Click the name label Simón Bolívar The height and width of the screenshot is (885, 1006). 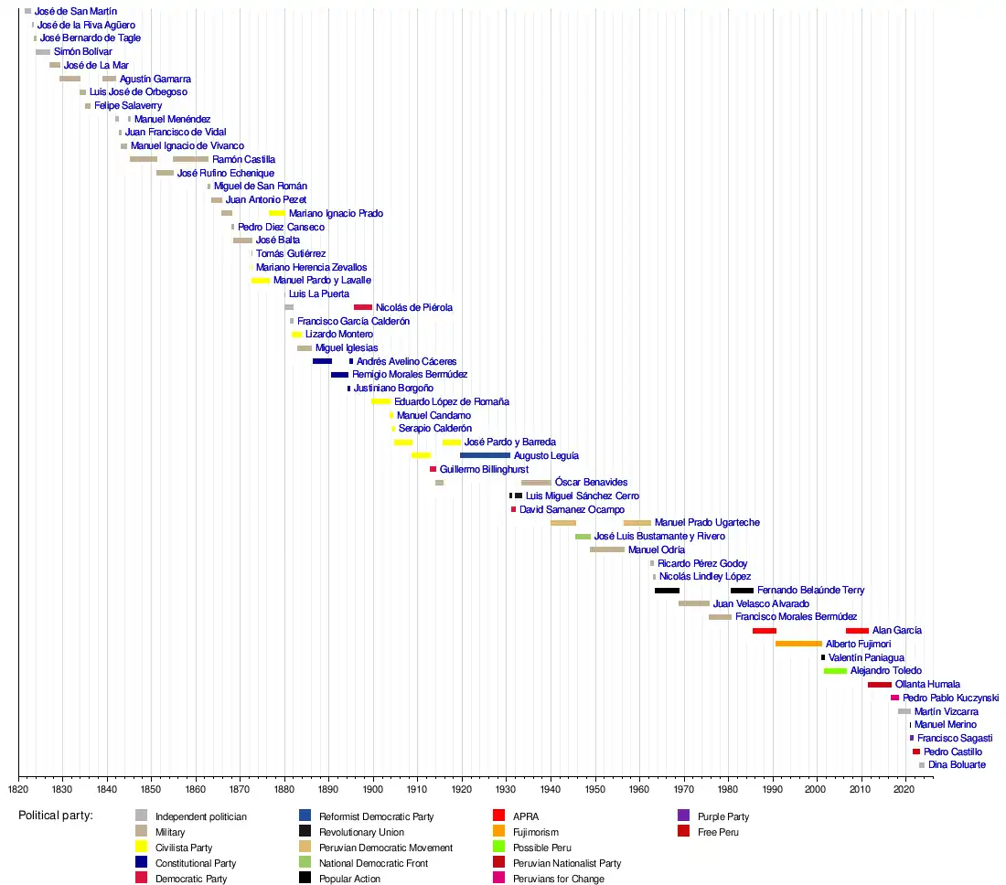[x=82, y=52]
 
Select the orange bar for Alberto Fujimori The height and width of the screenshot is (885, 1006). [x=798, y=644]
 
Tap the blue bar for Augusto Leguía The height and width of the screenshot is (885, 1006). [x=485, y=455]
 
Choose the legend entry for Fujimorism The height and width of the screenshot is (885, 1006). [x=535, y=832]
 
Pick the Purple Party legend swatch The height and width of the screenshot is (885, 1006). [x=684, y=816]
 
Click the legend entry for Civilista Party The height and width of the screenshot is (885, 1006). [x=183, y=848]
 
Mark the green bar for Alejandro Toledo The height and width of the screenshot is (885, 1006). [x=835, y=671]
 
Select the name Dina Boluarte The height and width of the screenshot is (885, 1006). [x=957, y=764]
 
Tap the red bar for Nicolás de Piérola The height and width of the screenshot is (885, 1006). [x=363, y=307]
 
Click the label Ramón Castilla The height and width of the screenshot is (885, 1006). [x=243, y=159]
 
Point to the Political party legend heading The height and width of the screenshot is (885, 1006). [x=56, y=816]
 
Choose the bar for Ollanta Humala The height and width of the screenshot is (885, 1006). [x=880, y=685]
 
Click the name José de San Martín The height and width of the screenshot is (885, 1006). [x=76, y=11]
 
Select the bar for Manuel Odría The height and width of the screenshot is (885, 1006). [x=607, y=549]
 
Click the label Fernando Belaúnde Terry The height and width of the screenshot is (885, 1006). [x=810, y=591]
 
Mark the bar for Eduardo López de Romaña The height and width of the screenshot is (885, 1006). [x=381, y=401]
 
